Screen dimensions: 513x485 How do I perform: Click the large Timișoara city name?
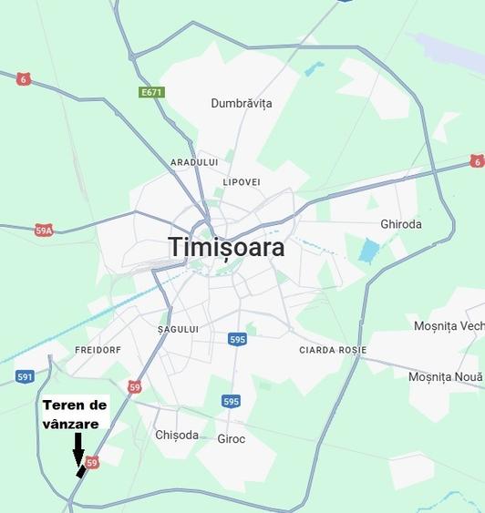[226, 247]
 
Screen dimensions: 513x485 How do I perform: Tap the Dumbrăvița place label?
[242, 103]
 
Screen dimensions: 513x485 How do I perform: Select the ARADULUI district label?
[194, 162]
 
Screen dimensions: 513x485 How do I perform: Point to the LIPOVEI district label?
[242, 182]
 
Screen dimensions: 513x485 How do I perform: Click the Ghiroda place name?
[401, 224]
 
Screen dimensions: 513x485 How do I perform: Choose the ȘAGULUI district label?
[178, 329]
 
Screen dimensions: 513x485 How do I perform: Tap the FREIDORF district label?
[98, 350]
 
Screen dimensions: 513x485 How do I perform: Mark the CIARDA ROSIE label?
[333, 350]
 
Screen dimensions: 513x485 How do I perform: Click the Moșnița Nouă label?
[445, 376]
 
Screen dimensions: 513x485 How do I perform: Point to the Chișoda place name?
[176, 435]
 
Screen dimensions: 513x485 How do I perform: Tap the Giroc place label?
[232, 438]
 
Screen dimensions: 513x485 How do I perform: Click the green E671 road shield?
[151, 92]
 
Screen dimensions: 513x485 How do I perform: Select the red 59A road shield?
[44, 231]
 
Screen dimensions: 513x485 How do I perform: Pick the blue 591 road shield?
[25, 376]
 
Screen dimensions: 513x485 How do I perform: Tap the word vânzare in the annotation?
[70, 424]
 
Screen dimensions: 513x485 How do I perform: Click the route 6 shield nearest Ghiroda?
[477, 161]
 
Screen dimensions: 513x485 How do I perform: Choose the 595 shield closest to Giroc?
[231, 401]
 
